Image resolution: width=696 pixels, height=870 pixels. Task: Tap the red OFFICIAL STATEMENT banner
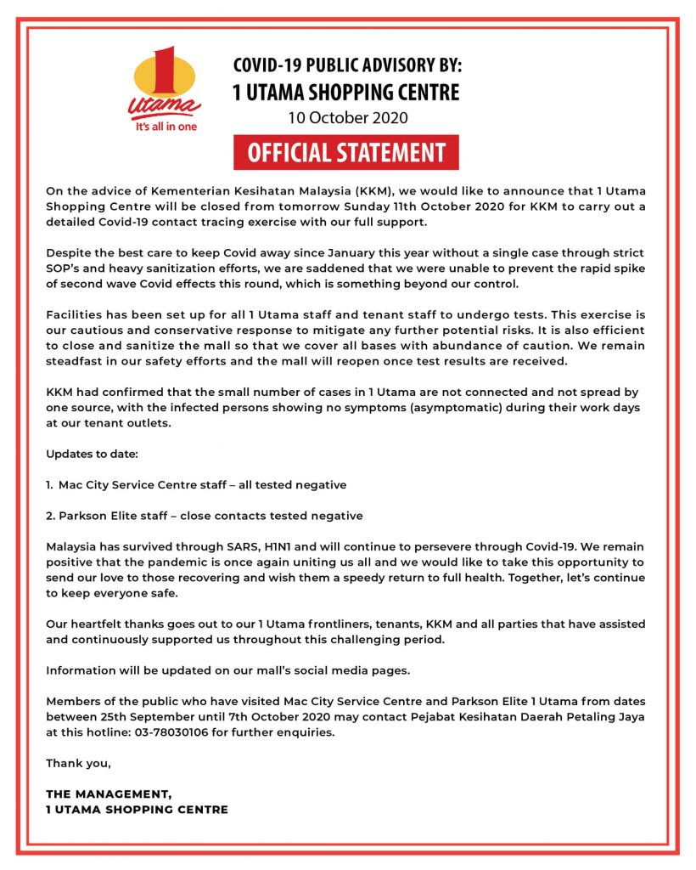pyautogui.click(x=346, y=153)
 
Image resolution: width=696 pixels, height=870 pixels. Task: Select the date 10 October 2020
pyautogui.click(x=347, y=117)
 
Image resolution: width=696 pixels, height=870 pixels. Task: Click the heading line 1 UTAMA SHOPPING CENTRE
pyautogui.click(x=346, y=92)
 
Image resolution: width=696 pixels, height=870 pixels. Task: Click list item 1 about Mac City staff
pyautogui.click(x=196, y=484)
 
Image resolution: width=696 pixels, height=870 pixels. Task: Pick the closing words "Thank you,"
pyautogui.click(x=78, y=763)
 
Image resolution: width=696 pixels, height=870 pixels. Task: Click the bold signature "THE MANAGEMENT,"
pyautogui.click(x=109, y=794)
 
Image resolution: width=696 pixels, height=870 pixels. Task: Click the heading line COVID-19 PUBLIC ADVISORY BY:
pyautogui.click(x=347, y=65)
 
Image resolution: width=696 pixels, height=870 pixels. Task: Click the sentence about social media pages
pyautogui.click(x=227, y=670)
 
